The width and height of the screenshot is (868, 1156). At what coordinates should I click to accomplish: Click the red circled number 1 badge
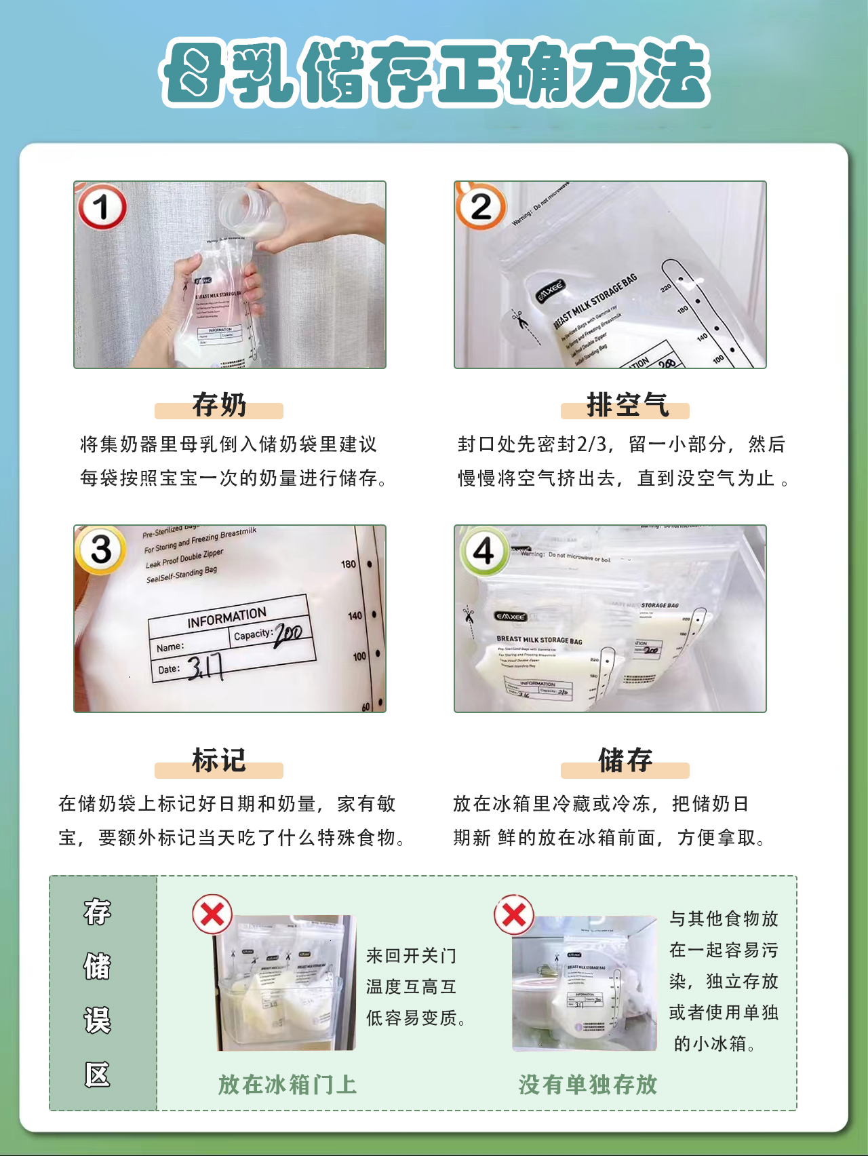pyautogui.click(x=102, y=208)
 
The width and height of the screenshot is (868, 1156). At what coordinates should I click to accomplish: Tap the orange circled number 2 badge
pyautogui.click(x=481, y=207)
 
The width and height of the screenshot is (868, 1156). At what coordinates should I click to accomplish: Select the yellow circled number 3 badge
pyautogui.click(x=101, y=550)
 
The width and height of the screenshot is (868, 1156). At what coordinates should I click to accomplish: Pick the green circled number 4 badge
pyautogui.click(x=484, y=550)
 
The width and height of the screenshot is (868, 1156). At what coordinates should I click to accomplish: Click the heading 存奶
pyautogui.click(x=218, y=405)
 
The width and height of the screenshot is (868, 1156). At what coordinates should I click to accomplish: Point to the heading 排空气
pyautogui.click(x=627, y=405)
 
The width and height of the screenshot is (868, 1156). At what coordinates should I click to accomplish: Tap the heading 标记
pyautogui.click(x=218, y=760)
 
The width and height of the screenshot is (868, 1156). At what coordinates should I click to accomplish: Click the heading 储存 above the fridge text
pyautogui.click(x=625, y=760)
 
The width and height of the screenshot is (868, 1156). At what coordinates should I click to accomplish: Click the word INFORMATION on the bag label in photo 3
pyautogui.click(x=226, y=618)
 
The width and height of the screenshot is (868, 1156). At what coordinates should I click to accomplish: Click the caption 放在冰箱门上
pyautogui.click(x=287, y=1084)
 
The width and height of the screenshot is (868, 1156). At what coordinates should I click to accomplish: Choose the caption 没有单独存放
pyautogui.click(x=588, y=1084)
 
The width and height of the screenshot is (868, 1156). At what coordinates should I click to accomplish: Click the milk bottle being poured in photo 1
pyautogui.click(x=252, y=214)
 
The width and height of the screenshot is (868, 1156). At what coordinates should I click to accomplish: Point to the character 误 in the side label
pyautogui.click(x=98, y=1020)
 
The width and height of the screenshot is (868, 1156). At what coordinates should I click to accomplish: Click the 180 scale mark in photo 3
pyautogui.click(x=349, y=564)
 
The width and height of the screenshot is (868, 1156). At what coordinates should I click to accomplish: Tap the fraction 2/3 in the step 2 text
pyautogui.click(x=592, y=444)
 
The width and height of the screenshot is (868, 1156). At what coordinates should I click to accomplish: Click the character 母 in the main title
pyautogui.click(x=195, y=73)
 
